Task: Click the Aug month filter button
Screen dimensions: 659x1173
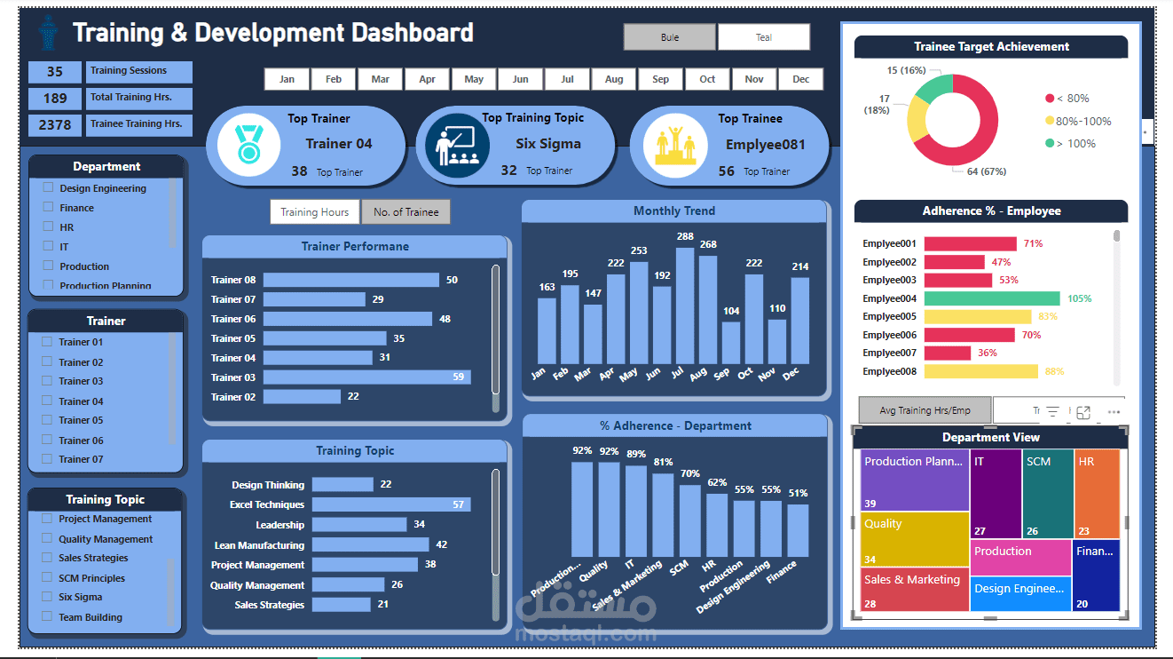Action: click(614, 79)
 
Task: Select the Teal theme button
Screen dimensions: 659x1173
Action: click(763, 37)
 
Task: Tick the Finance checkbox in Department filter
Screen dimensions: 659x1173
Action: click(49, 207)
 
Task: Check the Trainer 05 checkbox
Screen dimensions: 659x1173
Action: click(47, 420)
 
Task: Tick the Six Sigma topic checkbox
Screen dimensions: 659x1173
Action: click(47, 597)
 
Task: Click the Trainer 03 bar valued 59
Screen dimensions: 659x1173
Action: click(366, 377)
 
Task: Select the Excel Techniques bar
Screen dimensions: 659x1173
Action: click(390, 504)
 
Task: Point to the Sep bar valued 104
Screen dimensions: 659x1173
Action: click(730, 342)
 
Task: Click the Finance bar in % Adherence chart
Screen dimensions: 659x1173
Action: click(798, 530)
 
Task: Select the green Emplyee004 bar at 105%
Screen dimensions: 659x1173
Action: click(991, 298)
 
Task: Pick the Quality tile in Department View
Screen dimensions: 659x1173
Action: click(914, 538)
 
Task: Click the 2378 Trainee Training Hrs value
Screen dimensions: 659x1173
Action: click(55, 125)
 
